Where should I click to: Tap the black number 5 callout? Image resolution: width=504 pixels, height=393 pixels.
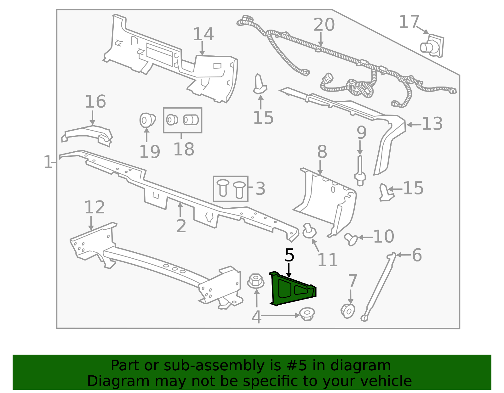click(289, 255)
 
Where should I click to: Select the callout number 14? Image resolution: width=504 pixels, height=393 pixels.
click(203, 34)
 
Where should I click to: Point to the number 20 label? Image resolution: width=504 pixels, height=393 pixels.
click(324, 25)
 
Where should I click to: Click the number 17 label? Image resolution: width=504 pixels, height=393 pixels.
click(409, 22)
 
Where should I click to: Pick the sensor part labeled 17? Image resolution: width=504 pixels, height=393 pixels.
click(432, 46)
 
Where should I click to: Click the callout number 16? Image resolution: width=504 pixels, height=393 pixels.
click(95, 101)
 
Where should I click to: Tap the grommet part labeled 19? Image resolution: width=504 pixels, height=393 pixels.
click(147, 120)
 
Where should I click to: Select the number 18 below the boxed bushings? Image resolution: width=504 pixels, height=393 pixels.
click(184, 149)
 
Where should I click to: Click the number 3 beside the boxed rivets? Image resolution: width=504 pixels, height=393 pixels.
click(260, 188)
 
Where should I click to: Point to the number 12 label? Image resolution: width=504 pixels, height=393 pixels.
click(94, 207)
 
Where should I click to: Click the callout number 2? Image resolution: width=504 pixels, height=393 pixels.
click(181, 226)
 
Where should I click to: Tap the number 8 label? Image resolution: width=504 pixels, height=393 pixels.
click(322, 152)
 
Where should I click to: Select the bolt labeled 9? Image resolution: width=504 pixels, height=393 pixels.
click(360, 171)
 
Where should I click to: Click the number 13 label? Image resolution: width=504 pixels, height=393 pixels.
click(432, 124)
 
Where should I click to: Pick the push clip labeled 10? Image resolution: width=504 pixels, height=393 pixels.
click(351, 239)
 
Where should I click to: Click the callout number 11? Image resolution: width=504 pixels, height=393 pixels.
click(328, 260)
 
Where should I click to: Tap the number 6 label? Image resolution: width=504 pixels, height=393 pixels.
click(417, 255)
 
